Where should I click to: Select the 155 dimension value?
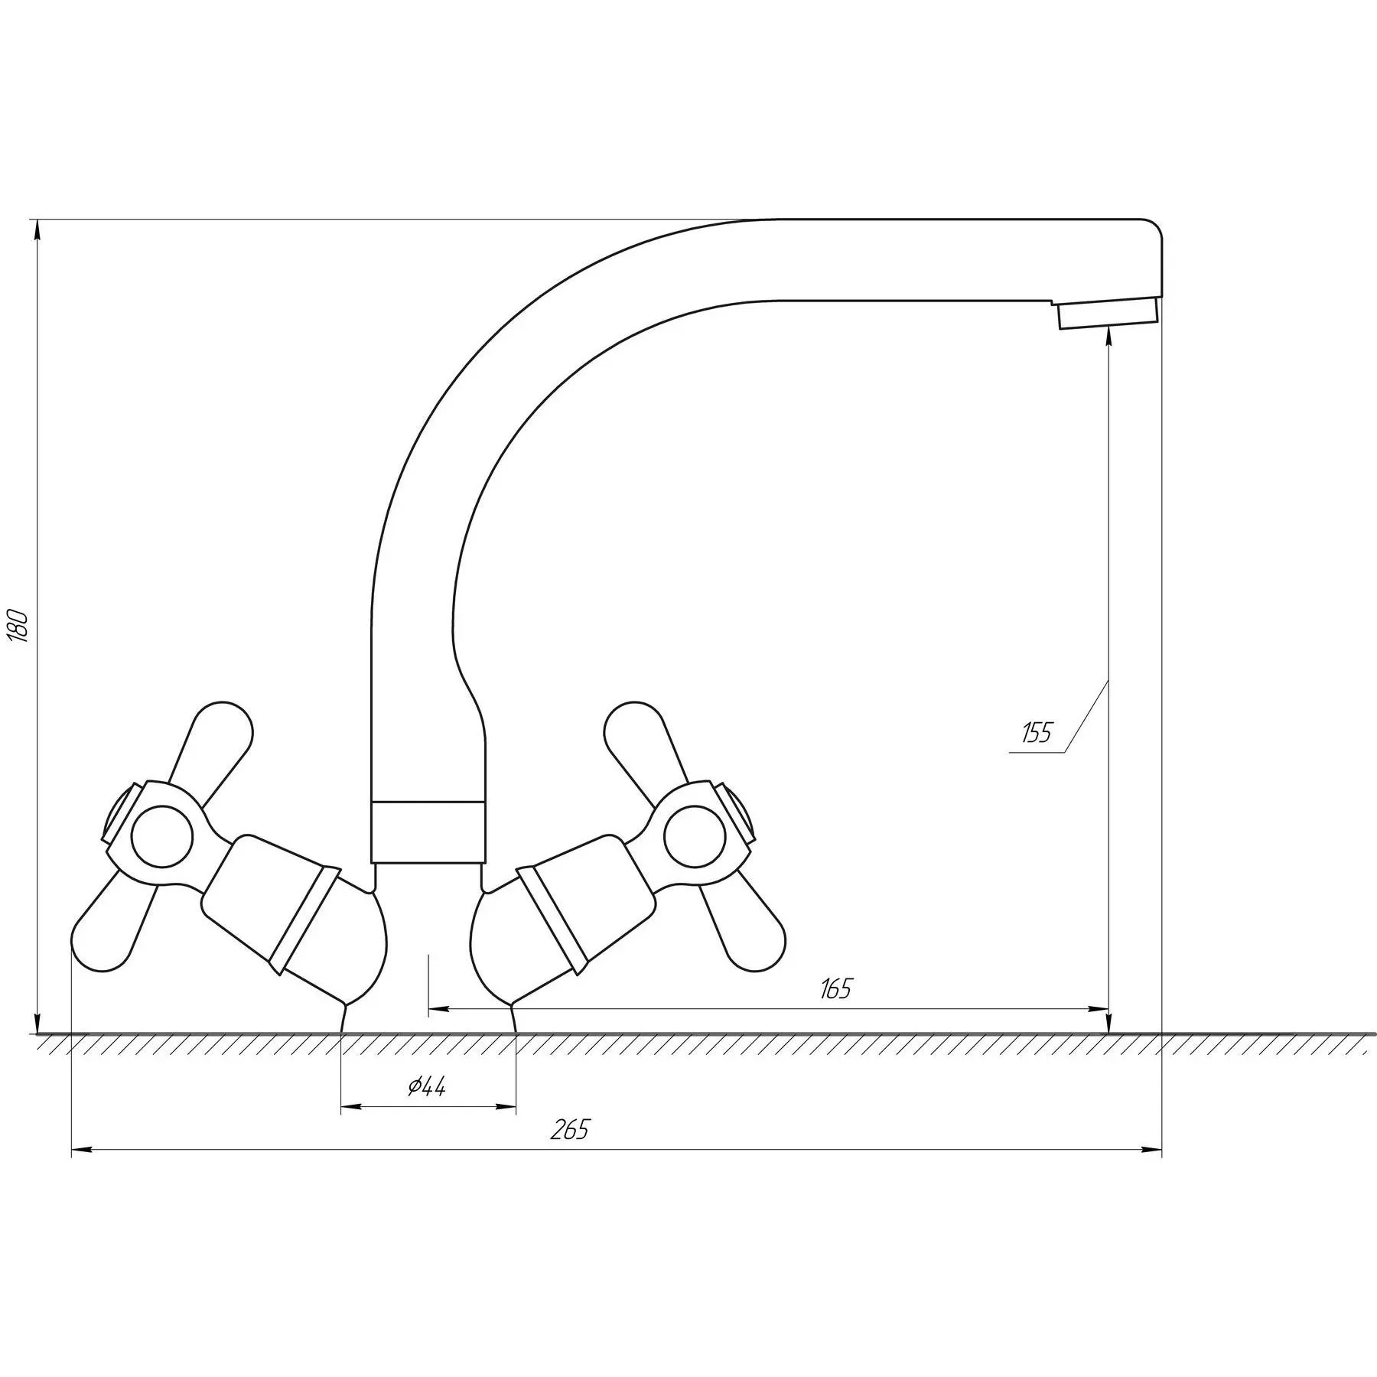click(1037, 733)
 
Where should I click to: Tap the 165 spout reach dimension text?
click(835, 989)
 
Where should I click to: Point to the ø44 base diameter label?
click(427, 1087)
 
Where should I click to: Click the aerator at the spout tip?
click(1108, 314)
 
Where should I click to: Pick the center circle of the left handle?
click(161, 835)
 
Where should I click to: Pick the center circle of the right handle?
click(694, 835)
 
